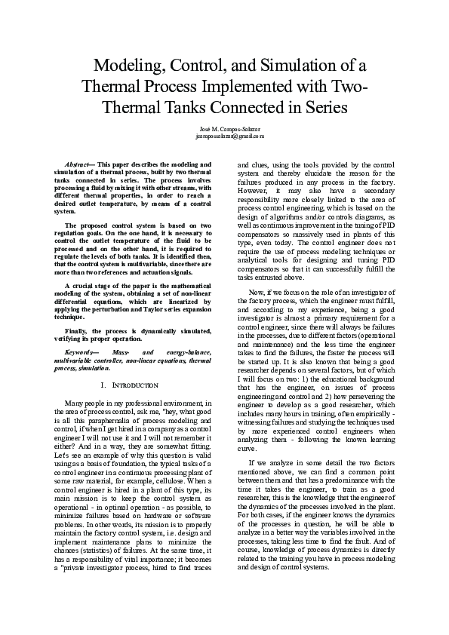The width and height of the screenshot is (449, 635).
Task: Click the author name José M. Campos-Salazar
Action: tap(224, 129)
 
